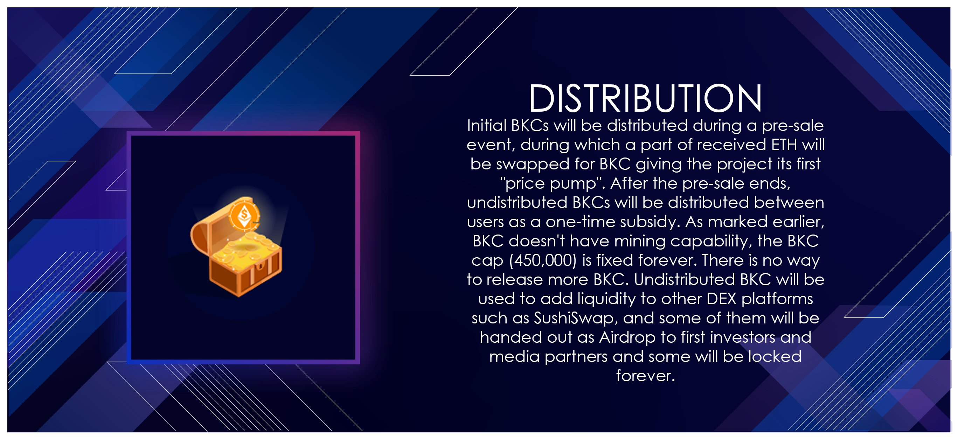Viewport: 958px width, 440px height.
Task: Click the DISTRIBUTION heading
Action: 645,98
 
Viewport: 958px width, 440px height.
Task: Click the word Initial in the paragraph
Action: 487,126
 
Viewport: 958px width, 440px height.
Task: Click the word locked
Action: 775,357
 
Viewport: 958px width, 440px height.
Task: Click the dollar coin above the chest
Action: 244,215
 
